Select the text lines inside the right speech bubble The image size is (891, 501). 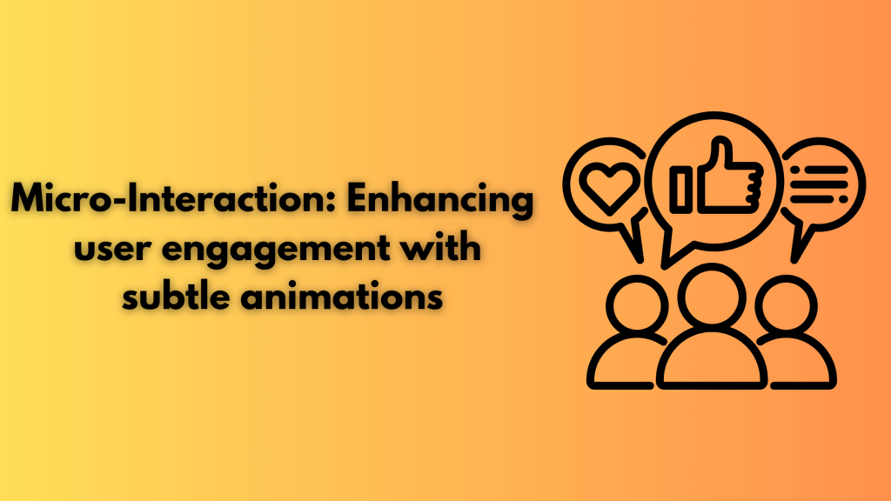click(x=818, y=183)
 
